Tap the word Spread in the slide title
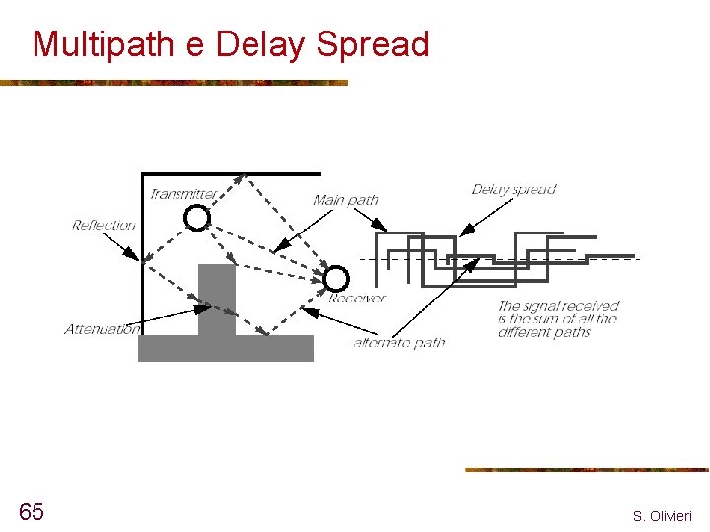pos(373,45)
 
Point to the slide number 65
pos(31,511)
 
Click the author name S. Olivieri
pos(663,516)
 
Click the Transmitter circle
pos(198,217)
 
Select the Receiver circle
pos(337,279)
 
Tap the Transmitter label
pos(182,194)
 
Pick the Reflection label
pos(104,226)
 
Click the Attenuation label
pos(102,329)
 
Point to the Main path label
pos(345,200)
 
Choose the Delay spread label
pos(514,189)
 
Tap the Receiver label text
pos(357,298)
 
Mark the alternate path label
pos(399,343)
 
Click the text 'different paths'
pos(543,332)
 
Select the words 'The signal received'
pos(558,306)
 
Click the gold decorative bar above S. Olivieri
pos(587,470)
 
